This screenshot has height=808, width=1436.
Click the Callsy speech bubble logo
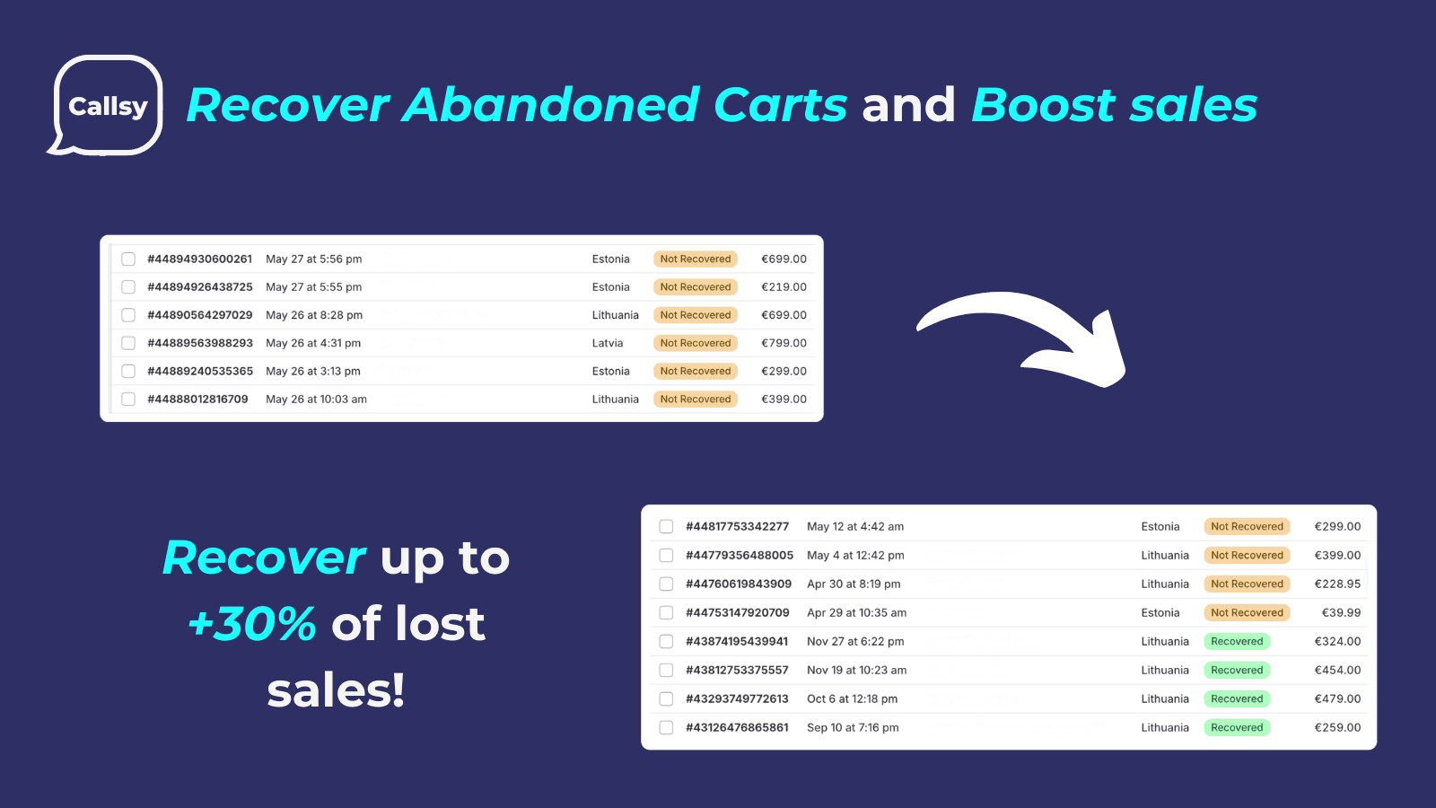107,106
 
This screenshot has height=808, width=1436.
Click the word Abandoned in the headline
551,104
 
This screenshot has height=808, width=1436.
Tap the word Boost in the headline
1043,104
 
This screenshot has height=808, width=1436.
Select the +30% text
252,623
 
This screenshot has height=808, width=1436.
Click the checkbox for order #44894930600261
128,259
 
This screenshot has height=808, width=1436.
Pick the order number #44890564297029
200,315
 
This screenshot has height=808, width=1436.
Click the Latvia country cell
607,343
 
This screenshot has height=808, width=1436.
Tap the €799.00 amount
784,343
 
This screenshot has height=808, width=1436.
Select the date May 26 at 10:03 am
316,399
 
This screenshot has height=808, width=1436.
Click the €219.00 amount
784,286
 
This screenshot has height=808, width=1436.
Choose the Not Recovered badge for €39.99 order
1247,612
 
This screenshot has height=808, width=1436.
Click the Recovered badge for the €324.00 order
1237,641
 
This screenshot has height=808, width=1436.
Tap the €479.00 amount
1337,699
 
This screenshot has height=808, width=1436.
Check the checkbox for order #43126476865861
666,728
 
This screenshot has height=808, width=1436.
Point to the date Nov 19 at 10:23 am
856,670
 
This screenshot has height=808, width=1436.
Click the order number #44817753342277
737,526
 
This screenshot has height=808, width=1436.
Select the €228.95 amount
1337,584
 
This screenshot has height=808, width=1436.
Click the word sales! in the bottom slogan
336,690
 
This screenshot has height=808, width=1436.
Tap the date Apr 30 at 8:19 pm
854,584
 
